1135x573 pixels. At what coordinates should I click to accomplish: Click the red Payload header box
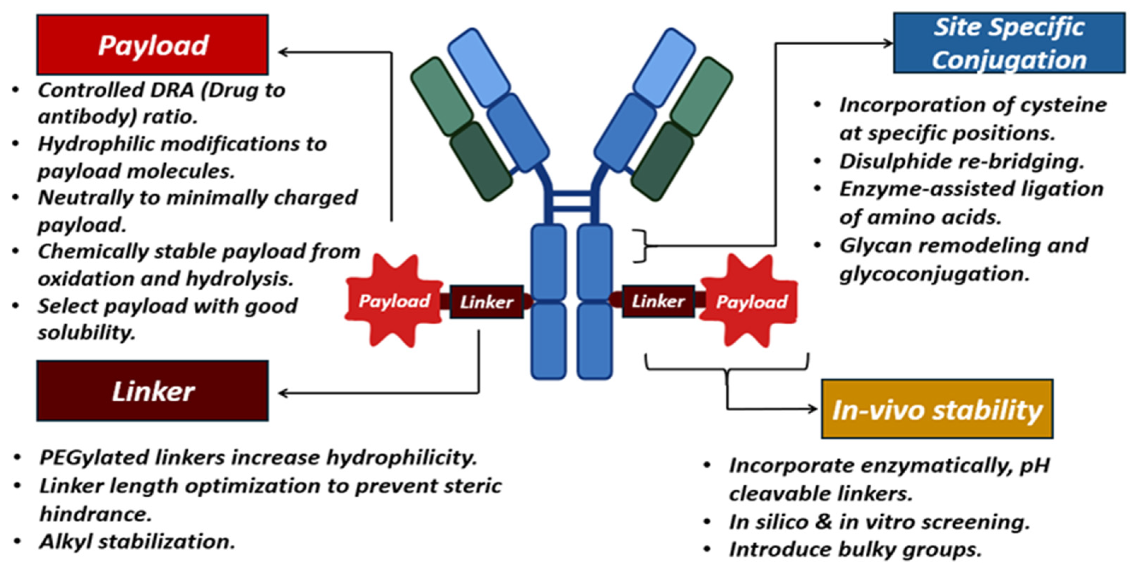[x=152, y=45]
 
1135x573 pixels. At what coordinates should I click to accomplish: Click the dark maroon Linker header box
[x=152, y=391]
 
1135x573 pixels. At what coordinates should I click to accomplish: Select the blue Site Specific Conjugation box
[x=1009, y=43]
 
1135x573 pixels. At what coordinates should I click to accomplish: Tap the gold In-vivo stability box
[x=937, y=409]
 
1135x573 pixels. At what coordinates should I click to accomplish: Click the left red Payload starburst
[x=393, y=301]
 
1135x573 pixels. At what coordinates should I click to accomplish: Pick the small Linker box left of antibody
[x=487, y=302]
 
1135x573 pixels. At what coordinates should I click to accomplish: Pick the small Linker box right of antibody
[x=658, y=301]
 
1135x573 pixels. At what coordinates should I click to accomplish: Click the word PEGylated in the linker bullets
[x=94, y=457]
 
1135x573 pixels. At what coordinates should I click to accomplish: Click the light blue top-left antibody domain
[x=478, y=67]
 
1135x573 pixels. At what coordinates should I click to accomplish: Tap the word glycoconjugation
[x=934, y=274]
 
